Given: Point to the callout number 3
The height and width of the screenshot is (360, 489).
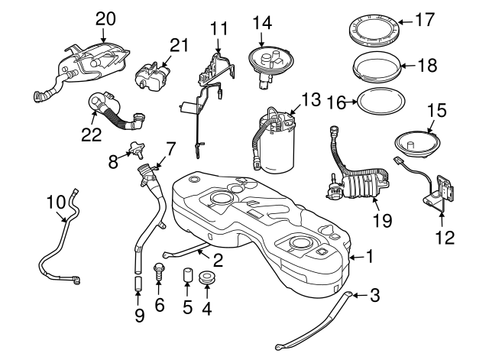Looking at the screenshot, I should [374, 294].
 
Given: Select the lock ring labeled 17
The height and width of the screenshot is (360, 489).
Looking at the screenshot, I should [374, 26].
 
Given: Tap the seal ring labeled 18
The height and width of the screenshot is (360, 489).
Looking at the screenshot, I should [377, 63].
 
